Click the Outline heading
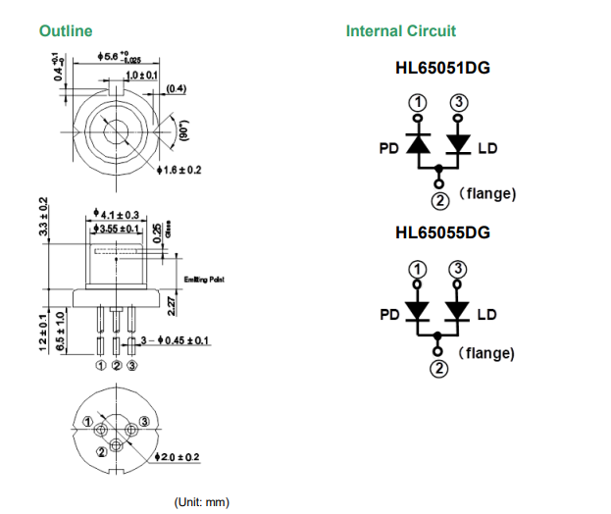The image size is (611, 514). (66, 31)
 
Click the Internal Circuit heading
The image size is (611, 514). (400, 31)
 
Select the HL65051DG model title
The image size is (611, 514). (442, 71)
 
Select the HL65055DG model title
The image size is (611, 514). (442, 233)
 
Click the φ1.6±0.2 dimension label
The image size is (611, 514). (178, 170)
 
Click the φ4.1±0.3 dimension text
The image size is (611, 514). (116, 213)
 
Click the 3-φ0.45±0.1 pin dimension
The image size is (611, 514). (174, 341)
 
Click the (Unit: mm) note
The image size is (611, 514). (200, 502)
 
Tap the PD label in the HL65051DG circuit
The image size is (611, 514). (388, 150)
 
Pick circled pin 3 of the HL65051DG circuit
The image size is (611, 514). (457, 104)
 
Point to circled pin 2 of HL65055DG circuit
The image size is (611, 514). (439, 368)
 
